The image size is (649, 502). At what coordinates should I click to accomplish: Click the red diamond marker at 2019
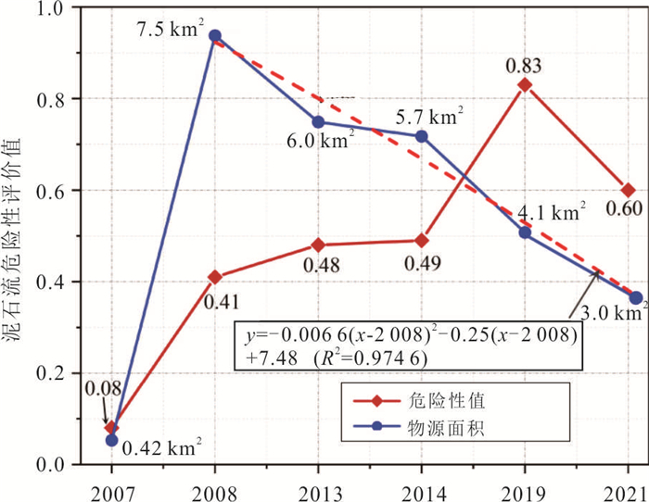click(525, 85)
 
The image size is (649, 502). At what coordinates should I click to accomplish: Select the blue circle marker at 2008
click(215, 36)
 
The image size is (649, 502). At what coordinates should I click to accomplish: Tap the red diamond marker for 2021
click(629, 190)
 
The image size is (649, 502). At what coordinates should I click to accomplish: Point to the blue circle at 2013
click(318, 122)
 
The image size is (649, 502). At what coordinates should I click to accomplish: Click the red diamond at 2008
click(215, 277)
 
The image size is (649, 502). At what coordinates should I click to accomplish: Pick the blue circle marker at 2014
click(422, 136)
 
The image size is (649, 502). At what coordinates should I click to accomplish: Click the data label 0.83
click(525, 66)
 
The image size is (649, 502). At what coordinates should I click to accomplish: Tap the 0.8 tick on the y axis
click(67, 99)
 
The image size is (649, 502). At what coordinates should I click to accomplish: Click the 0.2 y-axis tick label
click(67, 373)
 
